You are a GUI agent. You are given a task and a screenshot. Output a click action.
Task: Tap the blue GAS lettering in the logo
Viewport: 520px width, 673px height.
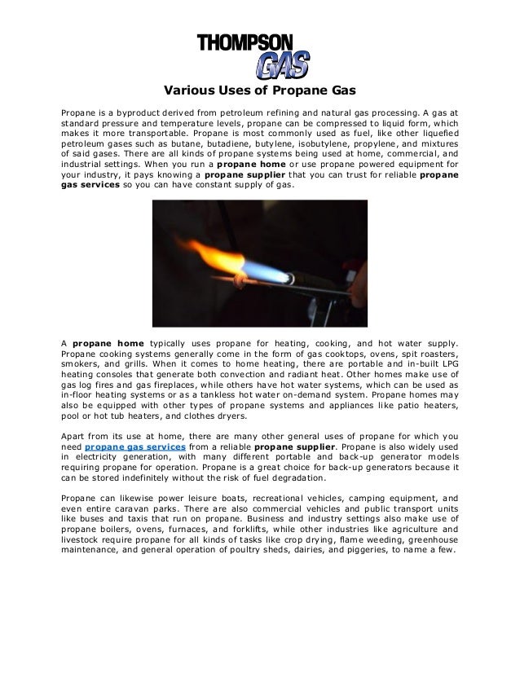pos(280,64)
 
